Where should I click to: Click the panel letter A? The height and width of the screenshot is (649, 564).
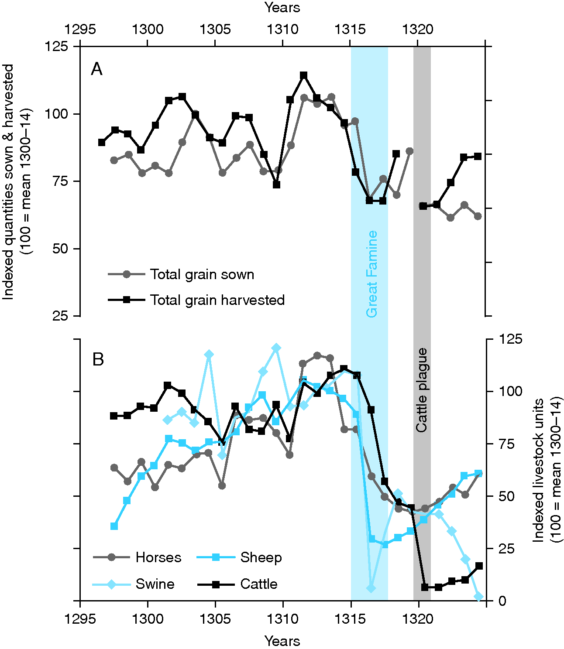[x=96, y=69]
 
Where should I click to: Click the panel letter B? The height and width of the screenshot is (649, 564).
[x=98, y=360]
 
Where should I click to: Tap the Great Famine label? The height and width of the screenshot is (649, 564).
[x=371, y=274]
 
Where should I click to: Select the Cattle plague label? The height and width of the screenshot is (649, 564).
[x=422, y=390]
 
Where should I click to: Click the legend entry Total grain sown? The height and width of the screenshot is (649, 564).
[x=202, y=274]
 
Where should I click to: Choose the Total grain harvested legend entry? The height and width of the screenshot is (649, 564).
[x=217, y=300]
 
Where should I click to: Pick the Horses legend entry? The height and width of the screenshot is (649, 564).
[x=158, y=557]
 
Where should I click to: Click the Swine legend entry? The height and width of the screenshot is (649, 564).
[x=155, y=584]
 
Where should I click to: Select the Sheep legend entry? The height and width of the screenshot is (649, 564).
[x=261, y=557]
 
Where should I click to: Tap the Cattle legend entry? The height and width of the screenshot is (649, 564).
[x=258, y=584]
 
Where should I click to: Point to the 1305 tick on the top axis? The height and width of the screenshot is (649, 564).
[x=215, y=30]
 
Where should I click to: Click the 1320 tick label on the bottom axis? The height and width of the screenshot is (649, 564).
[x=418, y=619]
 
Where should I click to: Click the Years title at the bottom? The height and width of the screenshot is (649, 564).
[x=282, y=641]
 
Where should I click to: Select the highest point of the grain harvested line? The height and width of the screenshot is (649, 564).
[x=304, y=75]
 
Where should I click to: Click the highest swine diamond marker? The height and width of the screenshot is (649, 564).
[x=276, y=348]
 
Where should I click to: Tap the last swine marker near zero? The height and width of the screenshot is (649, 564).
[x=479, y=596]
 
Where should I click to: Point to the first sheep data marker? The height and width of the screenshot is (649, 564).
[x=114, y=526]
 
